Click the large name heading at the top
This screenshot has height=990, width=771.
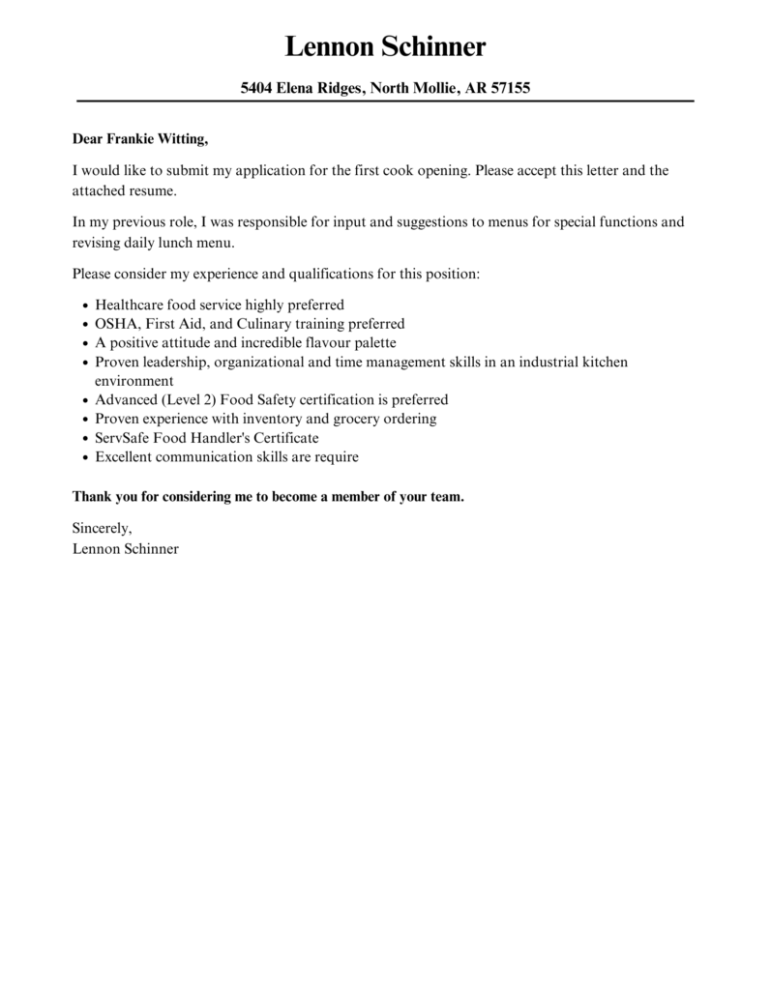point(385,45)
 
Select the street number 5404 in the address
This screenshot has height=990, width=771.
point(257,88)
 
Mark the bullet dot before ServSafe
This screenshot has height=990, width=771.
point(85,438)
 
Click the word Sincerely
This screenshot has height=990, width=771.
point(102,528)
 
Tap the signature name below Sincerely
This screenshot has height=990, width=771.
point(125,548)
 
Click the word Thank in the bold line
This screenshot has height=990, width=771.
point(92,497)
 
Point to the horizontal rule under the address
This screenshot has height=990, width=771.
point(385,101)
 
